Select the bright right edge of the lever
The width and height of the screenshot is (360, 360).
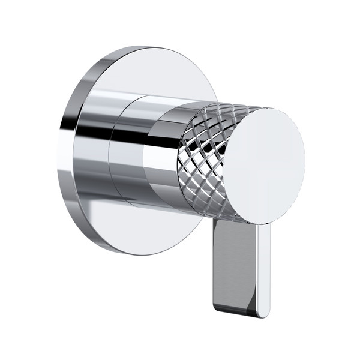tap(263, 270)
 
